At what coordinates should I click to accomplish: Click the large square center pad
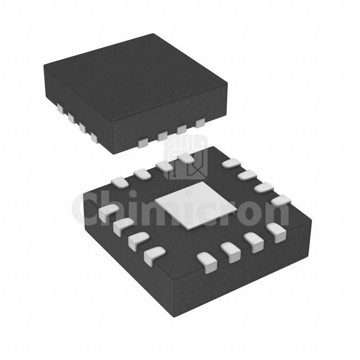[x=196, y=206]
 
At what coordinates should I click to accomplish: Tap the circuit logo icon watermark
[x=186, y=157]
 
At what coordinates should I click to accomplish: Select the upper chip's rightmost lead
[x=200, y=123]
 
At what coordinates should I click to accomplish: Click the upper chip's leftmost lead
[x=60, y=107]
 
